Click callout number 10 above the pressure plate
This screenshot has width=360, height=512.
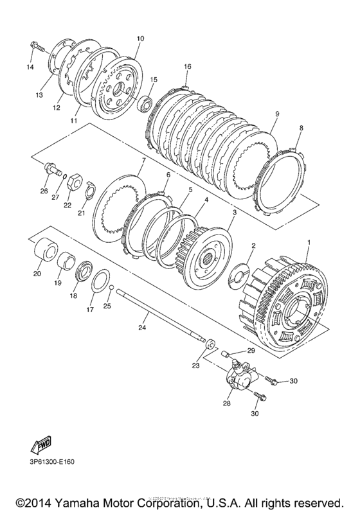pyautogui.click(x=140, y=39)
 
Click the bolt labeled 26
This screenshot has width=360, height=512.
pyautogui.click(x=50, y=170)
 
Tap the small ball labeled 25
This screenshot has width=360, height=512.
pyautogui.click(x=111, y=287)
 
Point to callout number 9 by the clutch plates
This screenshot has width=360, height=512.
pyautogui.click(x=276, y=114)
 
